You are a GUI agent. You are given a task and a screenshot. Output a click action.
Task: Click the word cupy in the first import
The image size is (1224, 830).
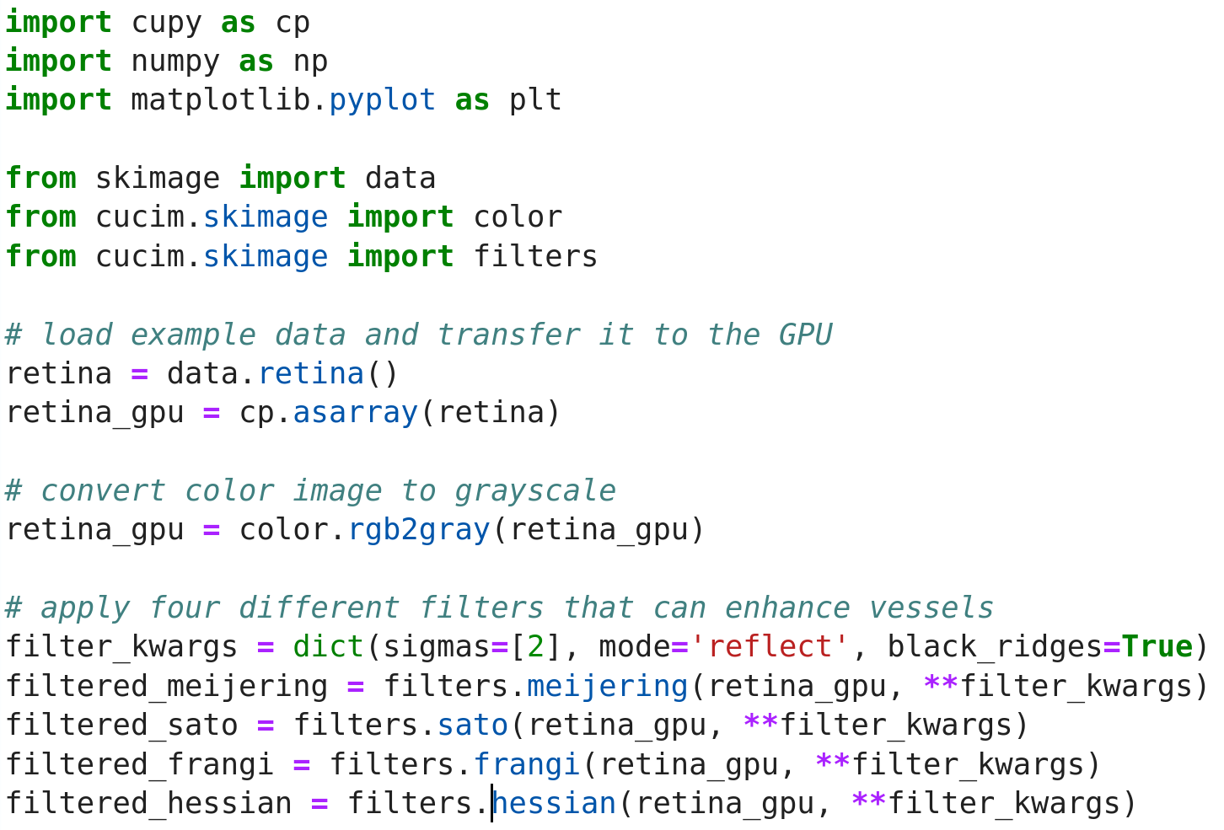point(166,23)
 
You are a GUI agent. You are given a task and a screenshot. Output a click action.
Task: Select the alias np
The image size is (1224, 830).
point(310,62)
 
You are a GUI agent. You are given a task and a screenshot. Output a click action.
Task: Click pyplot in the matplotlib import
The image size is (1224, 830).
point(382,100)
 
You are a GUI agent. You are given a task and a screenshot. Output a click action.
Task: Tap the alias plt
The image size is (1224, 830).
point(535,100)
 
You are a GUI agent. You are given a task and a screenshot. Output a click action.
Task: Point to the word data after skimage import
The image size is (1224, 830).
point(400,179)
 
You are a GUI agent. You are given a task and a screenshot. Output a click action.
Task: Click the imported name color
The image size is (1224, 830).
point(518,217)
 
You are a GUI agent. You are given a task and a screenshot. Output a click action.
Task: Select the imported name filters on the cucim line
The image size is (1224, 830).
point(535,256)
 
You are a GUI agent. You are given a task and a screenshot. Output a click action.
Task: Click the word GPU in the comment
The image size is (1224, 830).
point(805,335)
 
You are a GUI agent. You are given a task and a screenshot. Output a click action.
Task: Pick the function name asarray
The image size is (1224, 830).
point(355,413)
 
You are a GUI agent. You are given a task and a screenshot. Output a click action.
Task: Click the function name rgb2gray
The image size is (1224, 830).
point(418,530)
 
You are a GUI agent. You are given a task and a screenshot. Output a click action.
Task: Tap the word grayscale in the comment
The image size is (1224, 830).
point(534,490)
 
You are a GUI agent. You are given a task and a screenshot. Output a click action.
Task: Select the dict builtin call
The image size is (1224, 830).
point(328,647)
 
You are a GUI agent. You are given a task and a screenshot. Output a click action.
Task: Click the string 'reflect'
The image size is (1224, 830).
point(770,647)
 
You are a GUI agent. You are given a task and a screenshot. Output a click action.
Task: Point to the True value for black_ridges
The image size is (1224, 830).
point(1157,647)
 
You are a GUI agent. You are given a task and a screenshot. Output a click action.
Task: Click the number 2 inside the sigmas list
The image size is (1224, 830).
point(535,647)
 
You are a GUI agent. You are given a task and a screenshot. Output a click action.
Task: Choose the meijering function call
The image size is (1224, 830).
point(607,686)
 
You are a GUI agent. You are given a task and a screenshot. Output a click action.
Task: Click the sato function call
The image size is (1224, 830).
point(472,725)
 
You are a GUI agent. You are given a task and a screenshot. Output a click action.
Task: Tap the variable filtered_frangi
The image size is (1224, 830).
point(139,764)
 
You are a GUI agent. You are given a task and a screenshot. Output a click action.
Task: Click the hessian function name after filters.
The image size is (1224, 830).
point(554,803)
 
